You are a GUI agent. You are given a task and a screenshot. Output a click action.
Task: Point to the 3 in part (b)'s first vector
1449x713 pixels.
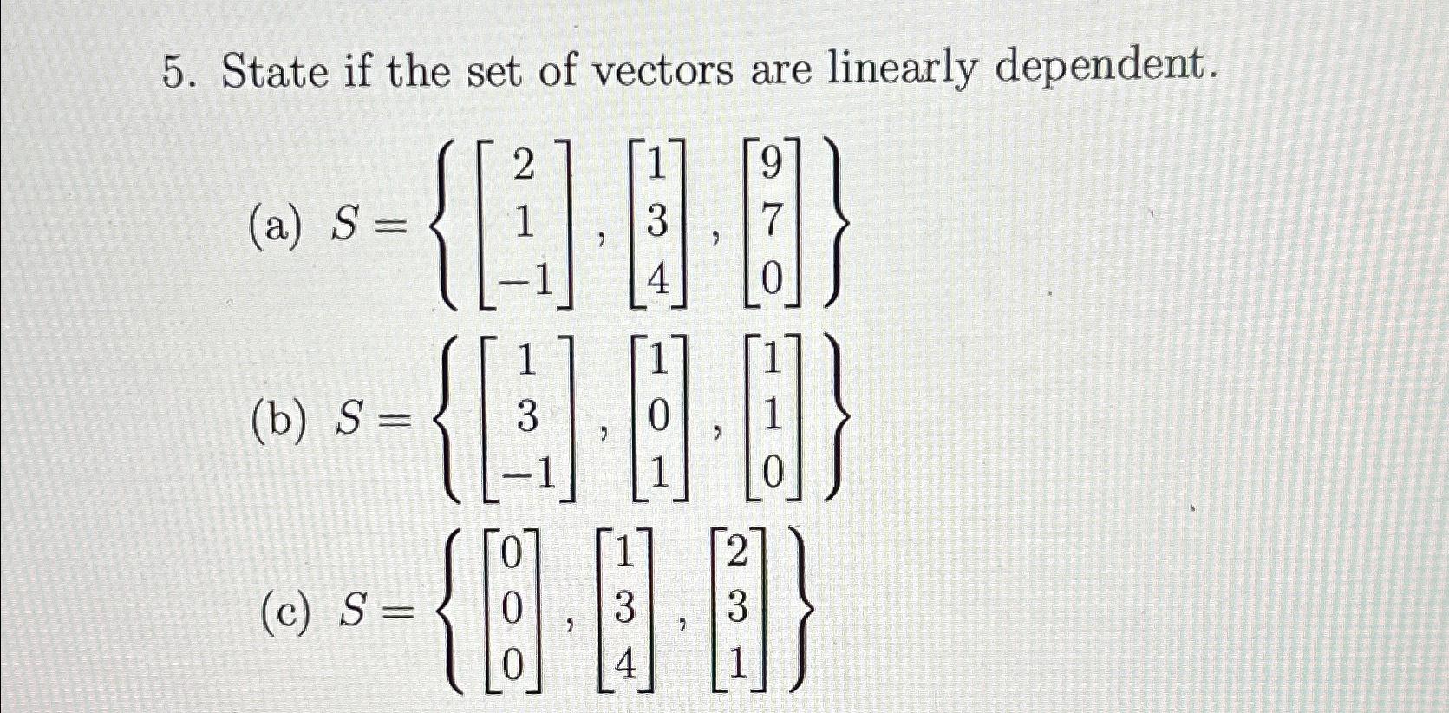click(x=525, y=419)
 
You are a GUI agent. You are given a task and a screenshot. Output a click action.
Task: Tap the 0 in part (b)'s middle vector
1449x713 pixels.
click(x=658, y=418)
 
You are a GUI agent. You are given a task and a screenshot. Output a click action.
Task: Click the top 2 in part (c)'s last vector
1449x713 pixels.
click(x=736, y=553)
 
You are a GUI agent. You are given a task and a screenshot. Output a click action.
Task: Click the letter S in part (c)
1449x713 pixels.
click(x=353, y=612)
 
